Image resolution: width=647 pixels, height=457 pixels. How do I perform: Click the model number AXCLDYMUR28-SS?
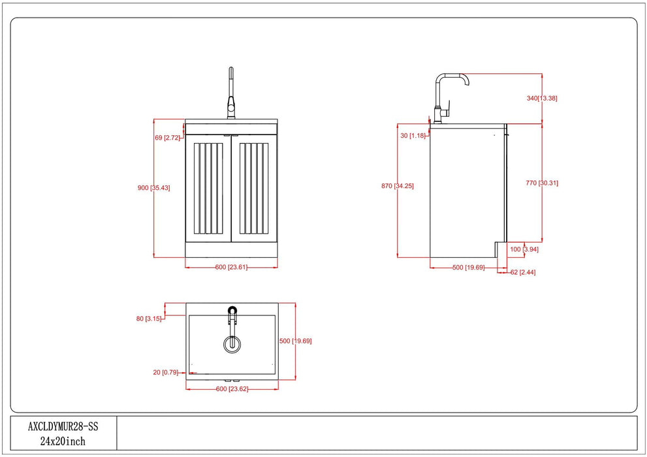tap(63, 426)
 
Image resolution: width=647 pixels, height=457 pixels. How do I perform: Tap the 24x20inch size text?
tap(63, 441)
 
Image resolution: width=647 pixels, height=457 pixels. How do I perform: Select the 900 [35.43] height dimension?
tap(154, 188)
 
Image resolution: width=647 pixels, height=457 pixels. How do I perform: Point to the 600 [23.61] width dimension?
tap(231, 266)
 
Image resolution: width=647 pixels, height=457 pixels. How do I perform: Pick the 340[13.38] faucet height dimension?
tap(542, 98)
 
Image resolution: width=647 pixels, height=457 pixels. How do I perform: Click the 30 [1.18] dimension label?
tap(413, 135)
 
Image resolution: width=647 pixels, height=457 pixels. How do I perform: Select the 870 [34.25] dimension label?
tap(397, 186)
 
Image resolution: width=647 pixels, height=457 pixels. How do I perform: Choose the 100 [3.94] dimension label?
tap(524, 249)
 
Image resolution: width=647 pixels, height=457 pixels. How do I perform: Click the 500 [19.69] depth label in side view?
tap(468, 267)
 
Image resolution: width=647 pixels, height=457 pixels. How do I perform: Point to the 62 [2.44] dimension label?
tap(523, 272)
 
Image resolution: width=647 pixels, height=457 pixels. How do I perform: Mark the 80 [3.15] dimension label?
tap(149, 319)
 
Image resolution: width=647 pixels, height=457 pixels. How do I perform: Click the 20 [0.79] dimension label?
tap(165, 372)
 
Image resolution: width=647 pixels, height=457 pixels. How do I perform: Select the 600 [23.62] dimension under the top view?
tap(231, 389)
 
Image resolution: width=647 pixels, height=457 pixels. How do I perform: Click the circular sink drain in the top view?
tap(231, 344)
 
